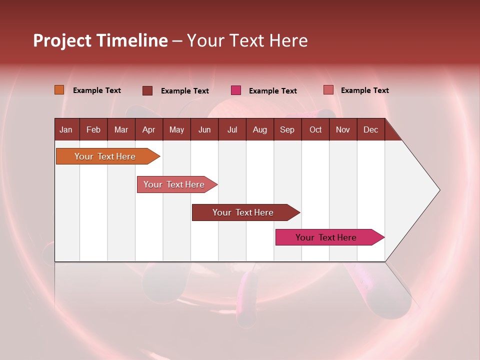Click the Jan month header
click(x=66, y=129)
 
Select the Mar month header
click(x=121, y=129)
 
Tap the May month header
click(x=176, y=129)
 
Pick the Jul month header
click(x=232, y=129)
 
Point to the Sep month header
click(x=287, y=129)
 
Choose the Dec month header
click(x=370, y=129)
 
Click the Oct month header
click(x=315, y=129)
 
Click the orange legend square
click(x=59, y=90)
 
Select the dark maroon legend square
click(x=147, y=90)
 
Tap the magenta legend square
click(x=236, y=90)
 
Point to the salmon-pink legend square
click(x=328, y=90)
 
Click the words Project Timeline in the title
click(x=100, y=40)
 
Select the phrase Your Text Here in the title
click(x=247, y=40)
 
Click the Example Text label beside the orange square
click(x=97, y=90)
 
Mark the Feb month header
click(x=93, y=129)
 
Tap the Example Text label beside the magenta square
click(x=273, y=91)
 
